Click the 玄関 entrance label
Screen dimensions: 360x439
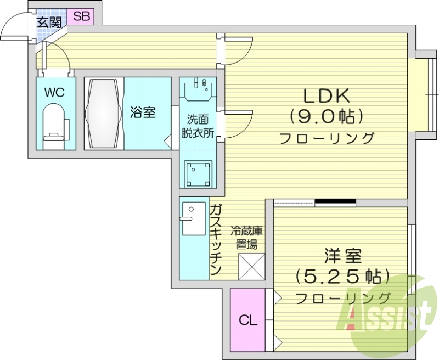coord(48,22)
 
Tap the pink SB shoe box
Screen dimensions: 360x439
coord(81,16)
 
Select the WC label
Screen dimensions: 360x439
coord(54,92)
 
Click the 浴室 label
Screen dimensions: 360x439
coord(143,113)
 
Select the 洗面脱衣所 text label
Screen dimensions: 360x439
coord(198,126)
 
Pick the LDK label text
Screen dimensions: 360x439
coord(327,95)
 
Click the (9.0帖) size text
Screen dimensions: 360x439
coord(327,116)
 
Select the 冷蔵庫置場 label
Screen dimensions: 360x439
coord(244,237)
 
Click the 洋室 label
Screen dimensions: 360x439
coord(342,256)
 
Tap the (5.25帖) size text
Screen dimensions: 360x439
coord(342,277)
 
